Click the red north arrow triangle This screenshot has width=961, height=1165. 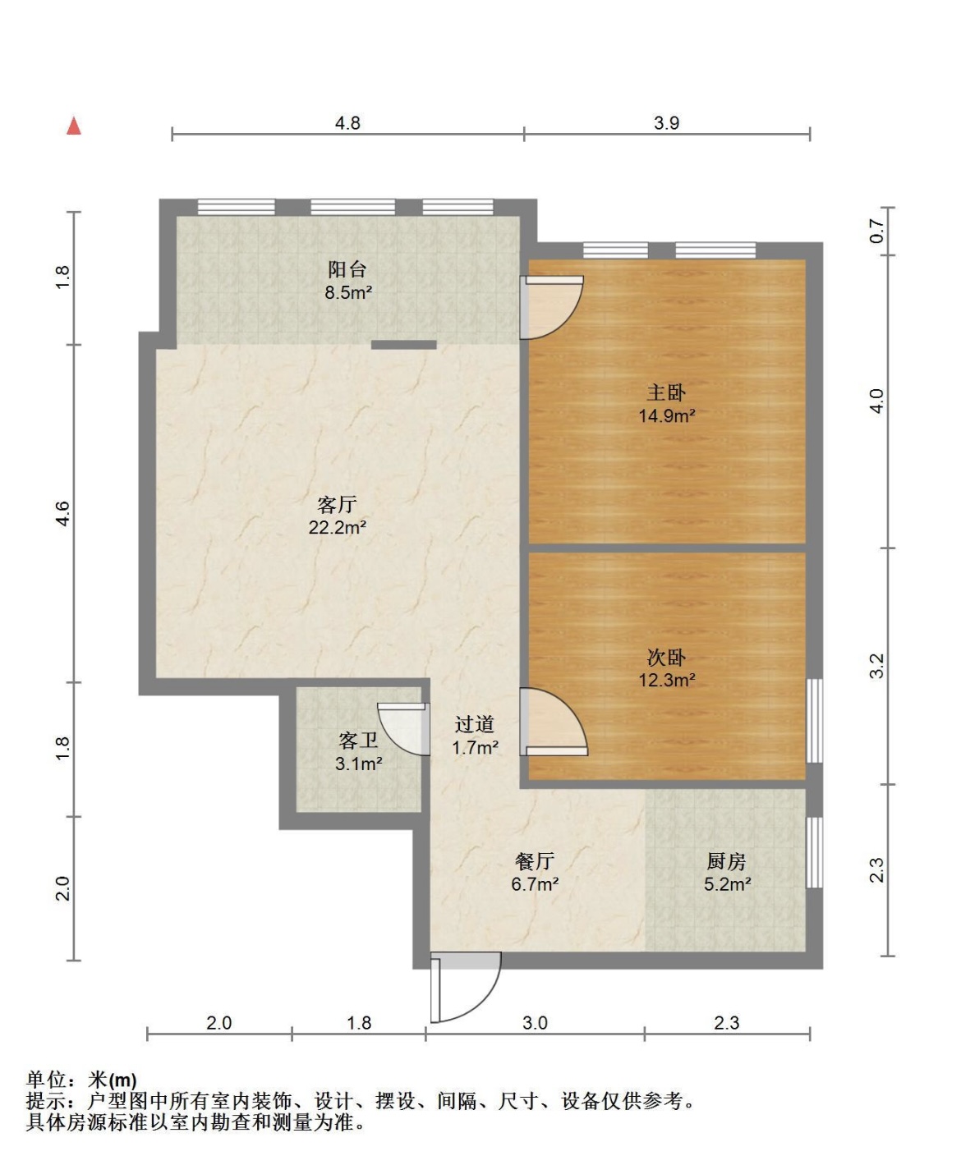coord(74,126)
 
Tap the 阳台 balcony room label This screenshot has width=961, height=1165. coord(347,269)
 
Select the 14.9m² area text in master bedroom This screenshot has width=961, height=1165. coord(667,415)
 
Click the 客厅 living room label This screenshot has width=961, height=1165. coord(337,504)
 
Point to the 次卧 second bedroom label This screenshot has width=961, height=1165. coord(666,658)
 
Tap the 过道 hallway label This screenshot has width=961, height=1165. coord(474,724)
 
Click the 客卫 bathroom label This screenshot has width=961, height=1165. coord(358,741)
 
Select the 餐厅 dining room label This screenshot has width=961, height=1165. coord(535,861)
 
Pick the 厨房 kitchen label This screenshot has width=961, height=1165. coord(726,861)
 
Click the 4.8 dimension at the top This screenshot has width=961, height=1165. coord(347,123)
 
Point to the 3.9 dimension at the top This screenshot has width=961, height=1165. coord(666,123)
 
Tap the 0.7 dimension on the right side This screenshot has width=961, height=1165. coord(877,231)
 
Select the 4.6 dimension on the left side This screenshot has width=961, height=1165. coord(63,513)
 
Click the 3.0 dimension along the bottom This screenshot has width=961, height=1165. coord(535,1023)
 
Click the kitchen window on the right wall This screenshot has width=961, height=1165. coord(815,852)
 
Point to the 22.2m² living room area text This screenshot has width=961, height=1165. coord(338,527)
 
